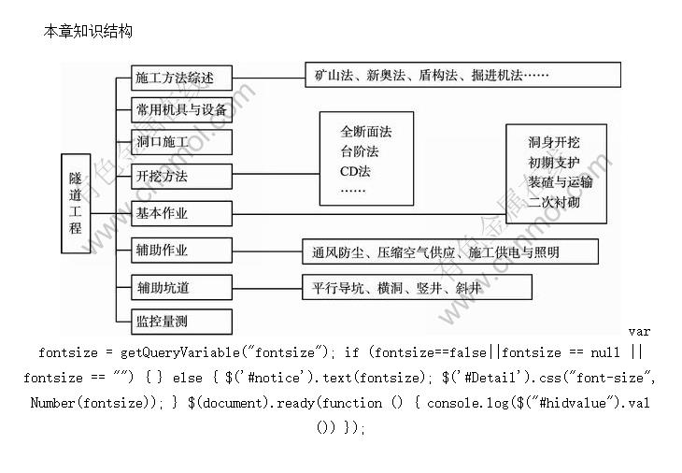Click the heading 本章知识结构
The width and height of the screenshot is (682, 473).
click(x=88, y=32)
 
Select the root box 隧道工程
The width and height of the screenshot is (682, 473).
click(x=76, y=203)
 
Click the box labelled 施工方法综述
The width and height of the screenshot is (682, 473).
click(x=181, y=78)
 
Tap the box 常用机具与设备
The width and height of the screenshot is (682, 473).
click(x=181, y=109)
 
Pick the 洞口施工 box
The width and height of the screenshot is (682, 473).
click(x=181, y=142)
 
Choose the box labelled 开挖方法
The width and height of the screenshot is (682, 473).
click(x=181, y=176)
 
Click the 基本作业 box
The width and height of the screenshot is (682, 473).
click(x=181, y=213)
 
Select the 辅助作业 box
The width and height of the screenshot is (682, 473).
click(x=181, y=251)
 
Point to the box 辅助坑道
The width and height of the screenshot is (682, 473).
click(x=181, y=286)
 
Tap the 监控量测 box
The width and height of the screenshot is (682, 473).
click(x=181, y=321)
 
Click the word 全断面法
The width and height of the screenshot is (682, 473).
click(x=366, y=132)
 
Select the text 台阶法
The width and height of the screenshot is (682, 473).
click(x=360, y=151)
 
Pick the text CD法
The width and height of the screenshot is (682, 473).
click(x=356, y=171)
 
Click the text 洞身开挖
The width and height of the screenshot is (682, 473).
click(x=553, y=142)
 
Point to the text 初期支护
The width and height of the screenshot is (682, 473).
click(x=553, y=163)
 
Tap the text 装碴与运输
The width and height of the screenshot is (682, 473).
click(x=560, y=182)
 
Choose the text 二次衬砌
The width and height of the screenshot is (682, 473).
click(x=553, y=202)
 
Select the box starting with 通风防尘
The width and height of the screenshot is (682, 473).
click(x=436, y=251)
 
